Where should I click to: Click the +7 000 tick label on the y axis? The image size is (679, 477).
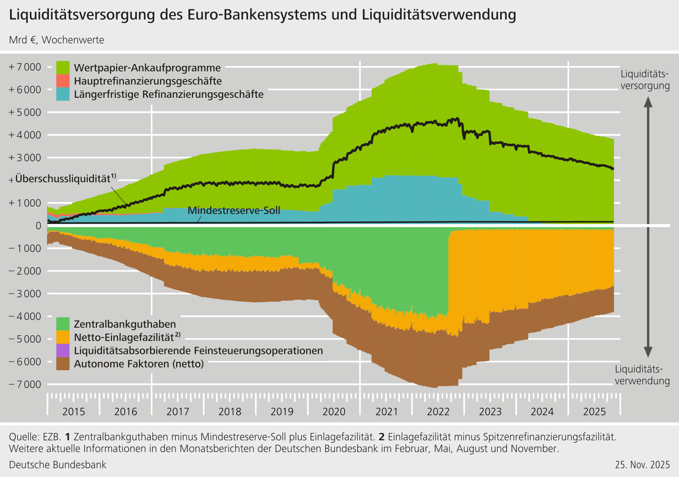pos(25,67)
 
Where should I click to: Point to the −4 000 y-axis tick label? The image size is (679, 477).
pos(25,317)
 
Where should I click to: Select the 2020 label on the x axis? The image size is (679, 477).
pos(334,412)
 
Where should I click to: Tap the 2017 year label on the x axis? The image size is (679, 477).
pos(178,412)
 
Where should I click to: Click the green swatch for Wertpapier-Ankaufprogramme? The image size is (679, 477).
pos(63,68)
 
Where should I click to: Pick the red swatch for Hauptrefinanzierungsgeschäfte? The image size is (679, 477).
pos(63,81)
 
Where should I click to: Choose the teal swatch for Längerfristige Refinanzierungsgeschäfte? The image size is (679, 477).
pos(63,94)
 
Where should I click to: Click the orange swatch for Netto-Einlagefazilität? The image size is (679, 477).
pos(63,337)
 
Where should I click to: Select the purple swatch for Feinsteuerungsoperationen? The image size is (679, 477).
pos(63,350)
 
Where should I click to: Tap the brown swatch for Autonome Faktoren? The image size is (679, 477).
pos(63,364)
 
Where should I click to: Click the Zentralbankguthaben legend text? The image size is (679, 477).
pos(125,324)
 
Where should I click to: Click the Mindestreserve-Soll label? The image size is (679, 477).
pos(234,211)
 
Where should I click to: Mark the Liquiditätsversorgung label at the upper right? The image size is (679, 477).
pos(645,80)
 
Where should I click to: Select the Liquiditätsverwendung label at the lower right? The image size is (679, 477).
pos(642,375)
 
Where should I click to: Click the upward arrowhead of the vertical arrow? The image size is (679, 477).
pos(648,102)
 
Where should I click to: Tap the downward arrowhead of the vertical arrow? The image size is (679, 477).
pos(648,352)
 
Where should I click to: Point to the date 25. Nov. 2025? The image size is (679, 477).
pos(642,465)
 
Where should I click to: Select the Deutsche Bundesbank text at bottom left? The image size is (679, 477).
pos(57,465)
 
